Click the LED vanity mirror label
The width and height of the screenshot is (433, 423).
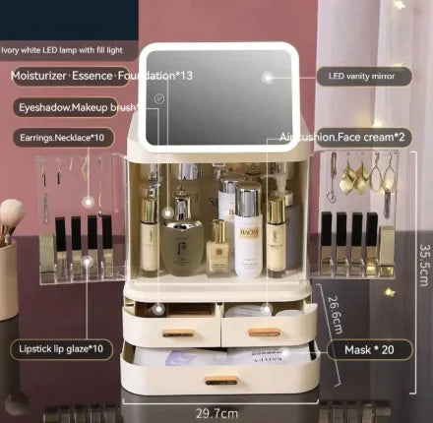tap(363, 76)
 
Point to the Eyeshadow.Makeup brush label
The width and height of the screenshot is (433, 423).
tap(64, 106)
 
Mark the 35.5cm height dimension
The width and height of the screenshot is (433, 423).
tap(420, 266)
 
